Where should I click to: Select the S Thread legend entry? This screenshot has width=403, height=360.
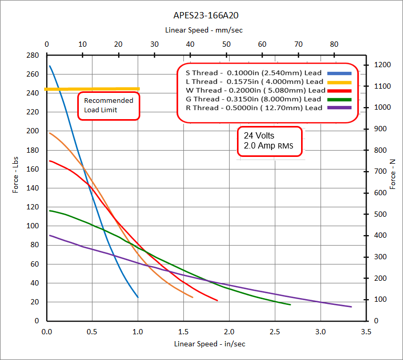click(x=251, y=73)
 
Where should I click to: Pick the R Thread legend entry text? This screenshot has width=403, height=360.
click(x=250, y=108)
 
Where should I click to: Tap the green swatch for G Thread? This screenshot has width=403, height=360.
click(x=339, y=99)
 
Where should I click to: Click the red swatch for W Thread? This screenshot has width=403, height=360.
click(x=339, y=90)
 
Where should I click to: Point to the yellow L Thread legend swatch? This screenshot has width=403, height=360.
click(x=339, y=82)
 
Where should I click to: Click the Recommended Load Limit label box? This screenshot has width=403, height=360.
click(x=109, y=105)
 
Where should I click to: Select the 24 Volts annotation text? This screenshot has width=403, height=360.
click(x=259, y=135)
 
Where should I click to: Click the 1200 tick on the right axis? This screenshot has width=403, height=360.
click(x=383, y=65)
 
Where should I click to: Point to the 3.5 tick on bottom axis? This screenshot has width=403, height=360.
click(x=366, y=332)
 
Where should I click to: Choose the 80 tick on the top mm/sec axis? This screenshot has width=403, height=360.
click(x=334, y=44)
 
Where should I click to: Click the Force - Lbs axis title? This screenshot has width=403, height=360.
click(x=16, y=173)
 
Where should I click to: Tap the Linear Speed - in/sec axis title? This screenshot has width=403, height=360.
click(x=210, y=344)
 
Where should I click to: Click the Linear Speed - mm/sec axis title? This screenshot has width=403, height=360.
click(x=203, y=30)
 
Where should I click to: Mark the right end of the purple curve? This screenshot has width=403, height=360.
click(x=350, y=307)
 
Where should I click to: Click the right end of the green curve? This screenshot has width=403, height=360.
click(x=290, y=304)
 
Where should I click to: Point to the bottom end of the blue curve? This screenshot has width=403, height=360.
click(x=138, y=297)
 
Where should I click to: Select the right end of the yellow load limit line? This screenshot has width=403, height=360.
click(x=139, y=89)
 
